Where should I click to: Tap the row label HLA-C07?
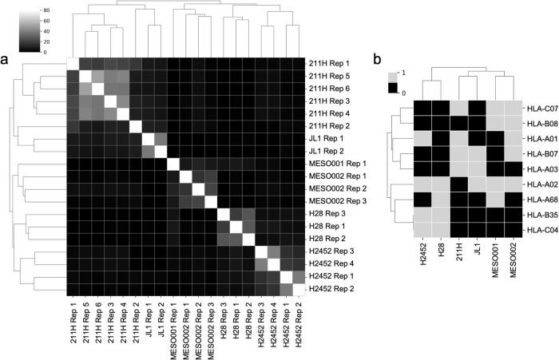tap(540, 108)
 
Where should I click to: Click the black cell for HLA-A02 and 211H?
tap(459, 184)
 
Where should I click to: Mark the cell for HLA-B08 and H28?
tap(442, 123)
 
